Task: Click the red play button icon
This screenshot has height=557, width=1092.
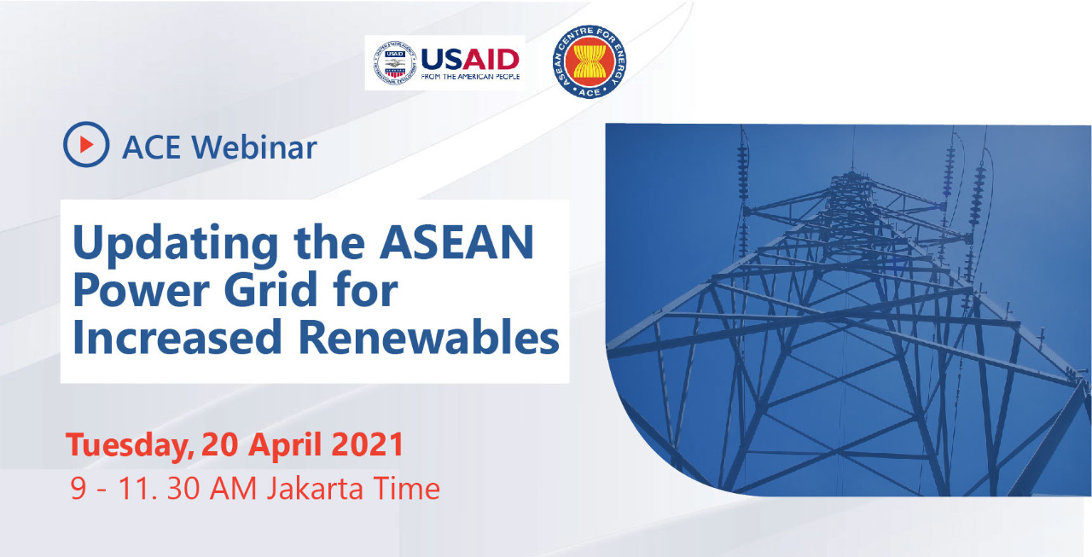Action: pyautogui.click(x=86, y=145)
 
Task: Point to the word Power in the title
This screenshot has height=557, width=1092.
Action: pyautogui.click(x=138, y=291)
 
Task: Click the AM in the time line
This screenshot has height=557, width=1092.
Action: pyautogui.click(x=235, y=488)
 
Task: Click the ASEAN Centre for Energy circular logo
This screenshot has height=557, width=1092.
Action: pyautogui.click(x=588, y=61)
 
